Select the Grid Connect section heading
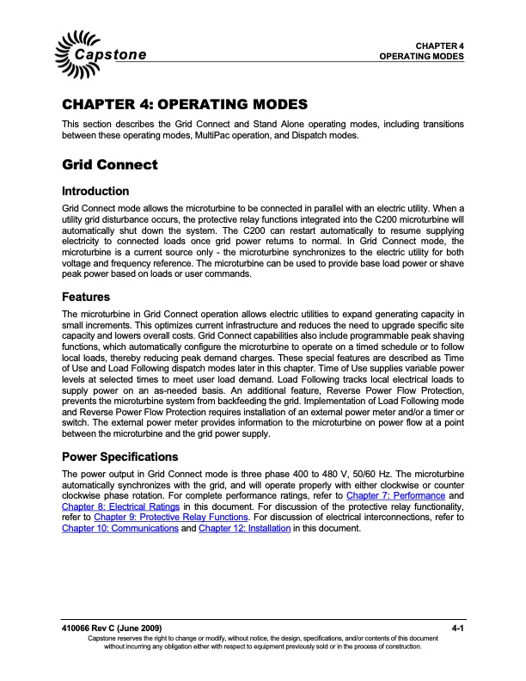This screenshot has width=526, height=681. click(x=109, y=163)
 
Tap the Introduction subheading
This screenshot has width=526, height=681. click(x=96, y=191)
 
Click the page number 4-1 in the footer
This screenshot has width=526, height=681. click(x=456, y=629)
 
